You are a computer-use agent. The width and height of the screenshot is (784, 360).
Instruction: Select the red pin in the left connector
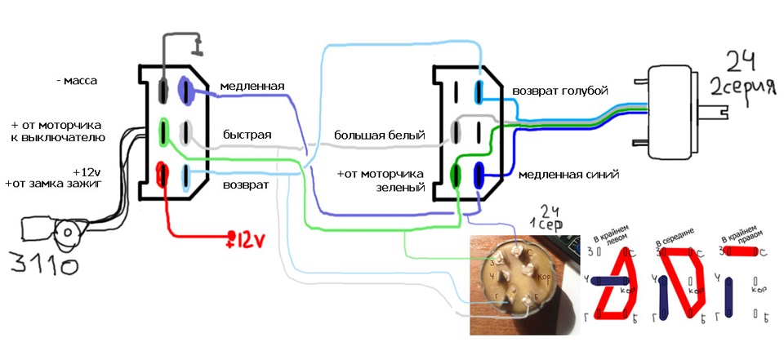(x=163, y=174)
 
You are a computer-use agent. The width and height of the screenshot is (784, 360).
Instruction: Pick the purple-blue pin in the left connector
(x=185, y=89)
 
